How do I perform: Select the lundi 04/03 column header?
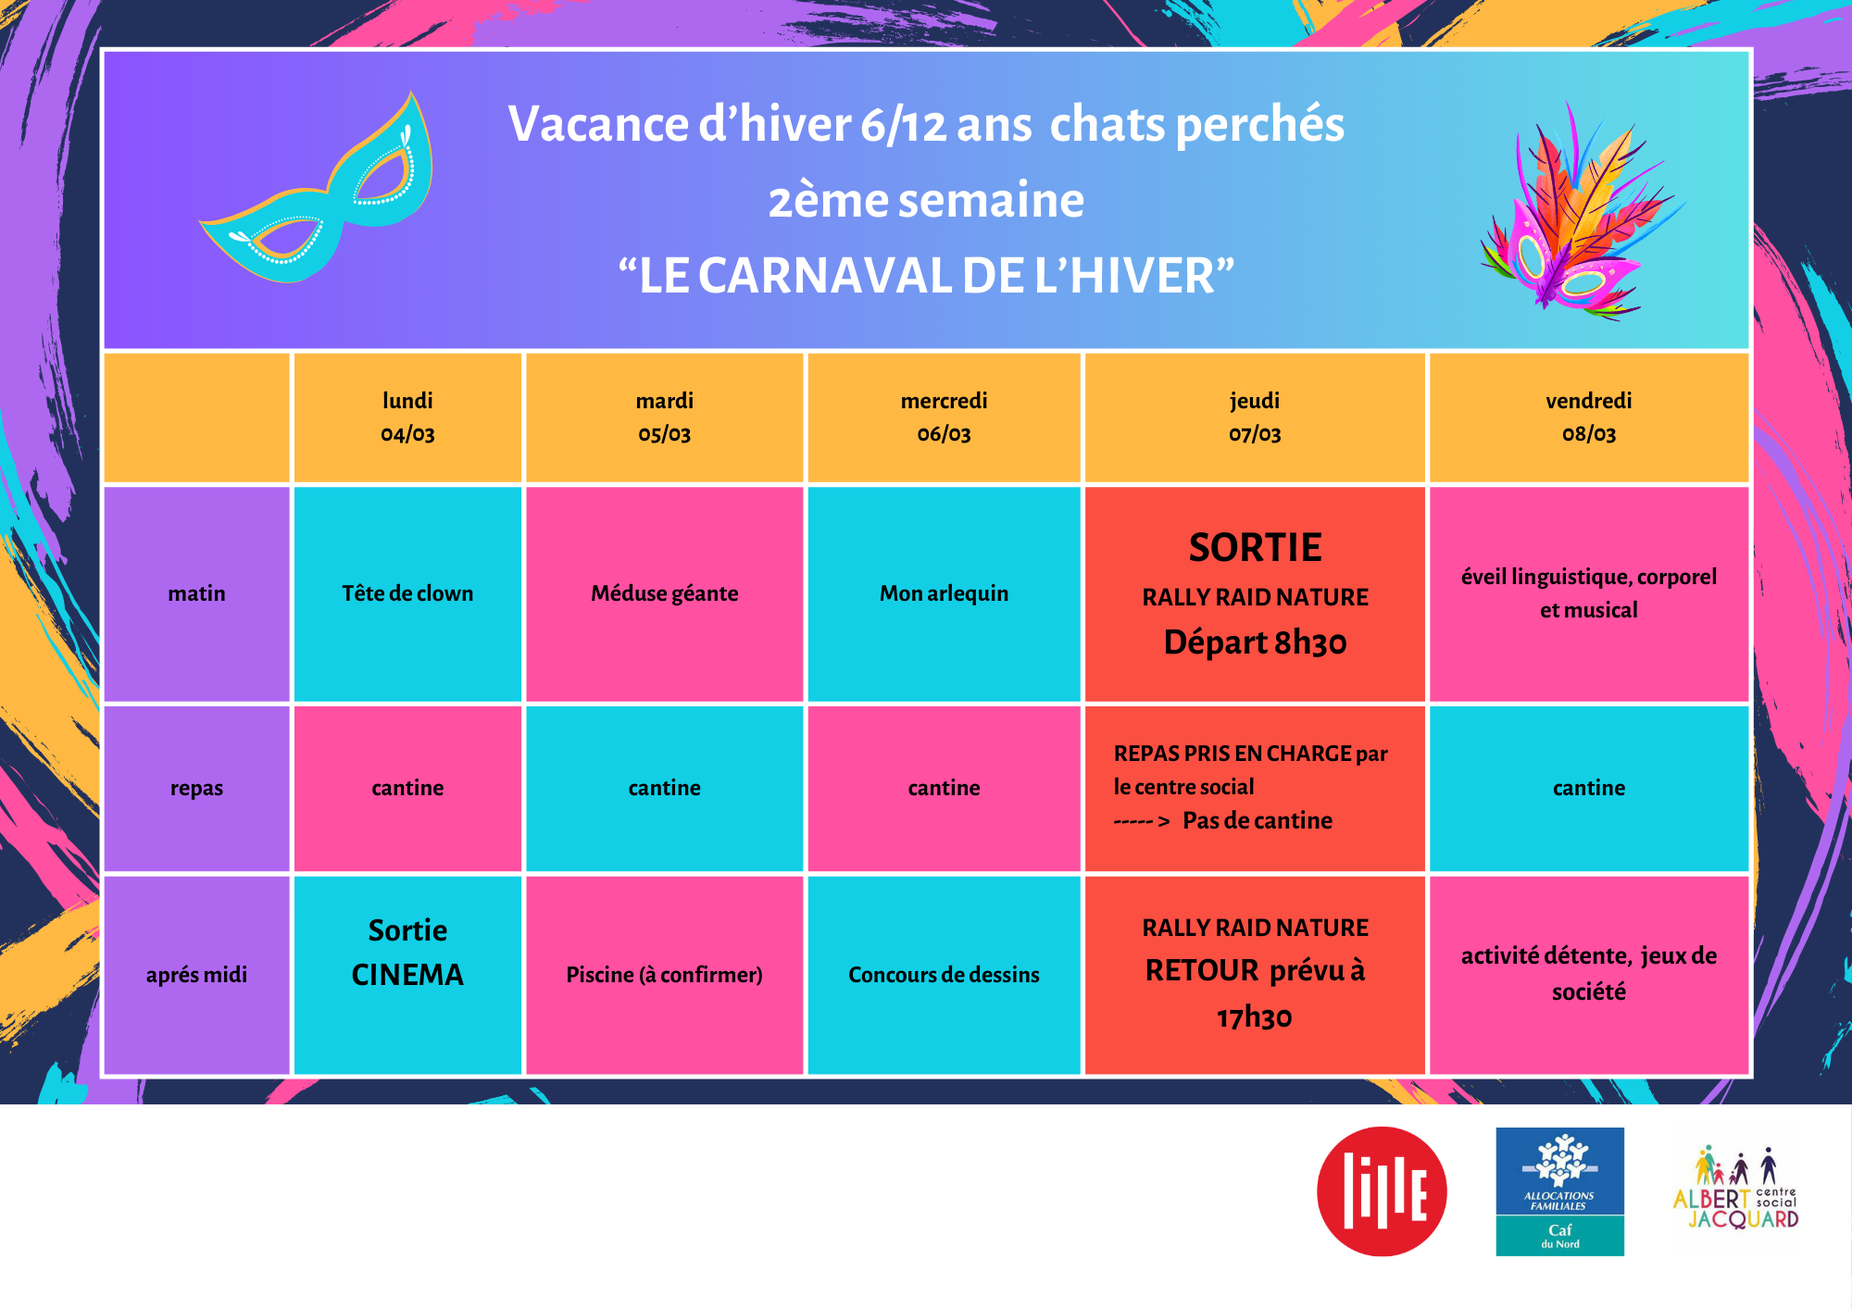[x=407, y=418]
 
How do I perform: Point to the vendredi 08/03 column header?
[x=1589, y=418]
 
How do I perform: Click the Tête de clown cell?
[x=407, y=593]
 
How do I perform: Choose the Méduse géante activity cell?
[x=665, y=593]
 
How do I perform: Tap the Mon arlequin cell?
[x=944, y=593]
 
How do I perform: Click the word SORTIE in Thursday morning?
[x=1255, y=548]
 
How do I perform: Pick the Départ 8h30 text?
[x=1255, y=642]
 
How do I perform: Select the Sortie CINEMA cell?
[x=407, y=975]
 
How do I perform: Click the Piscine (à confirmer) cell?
[x=665, y=975]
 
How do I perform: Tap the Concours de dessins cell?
[x=944, y=975]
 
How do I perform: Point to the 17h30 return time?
[x=1255, y=1017]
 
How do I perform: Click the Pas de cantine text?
[x=1258, y=820]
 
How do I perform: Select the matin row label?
[x=196, y=593]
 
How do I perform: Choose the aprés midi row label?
[x=196, y=975]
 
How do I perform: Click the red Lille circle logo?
[x=1382, y=1191]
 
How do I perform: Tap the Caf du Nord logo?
[x=1560, y=1191]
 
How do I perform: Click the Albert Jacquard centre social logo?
[x=1736, y=1190]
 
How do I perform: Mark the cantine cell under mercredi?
[x=944, y=789]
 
